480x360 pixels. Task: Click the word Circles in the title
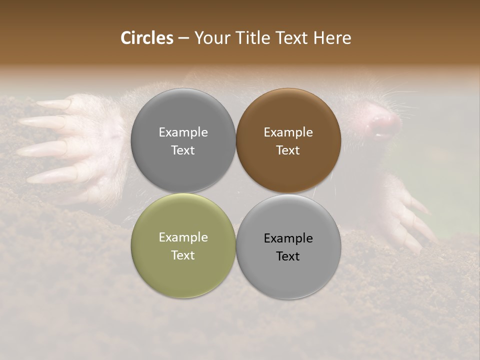coord(146,38)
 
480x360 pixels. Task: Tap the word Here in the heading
coord(332,38)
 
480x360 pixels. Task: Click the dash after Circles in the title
coord(183,38)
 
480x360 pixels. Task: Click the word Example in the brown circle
coord(288,132)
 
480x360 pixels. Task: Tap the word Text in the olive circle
coord(183,255)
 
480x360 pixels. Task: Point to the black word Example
coord(288,238)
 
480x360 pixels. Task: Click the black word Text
coord(288,256)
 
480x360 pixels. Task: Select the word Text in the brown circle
coord(288,150)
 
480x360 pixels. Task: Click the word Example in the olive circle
coord(183,237)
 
